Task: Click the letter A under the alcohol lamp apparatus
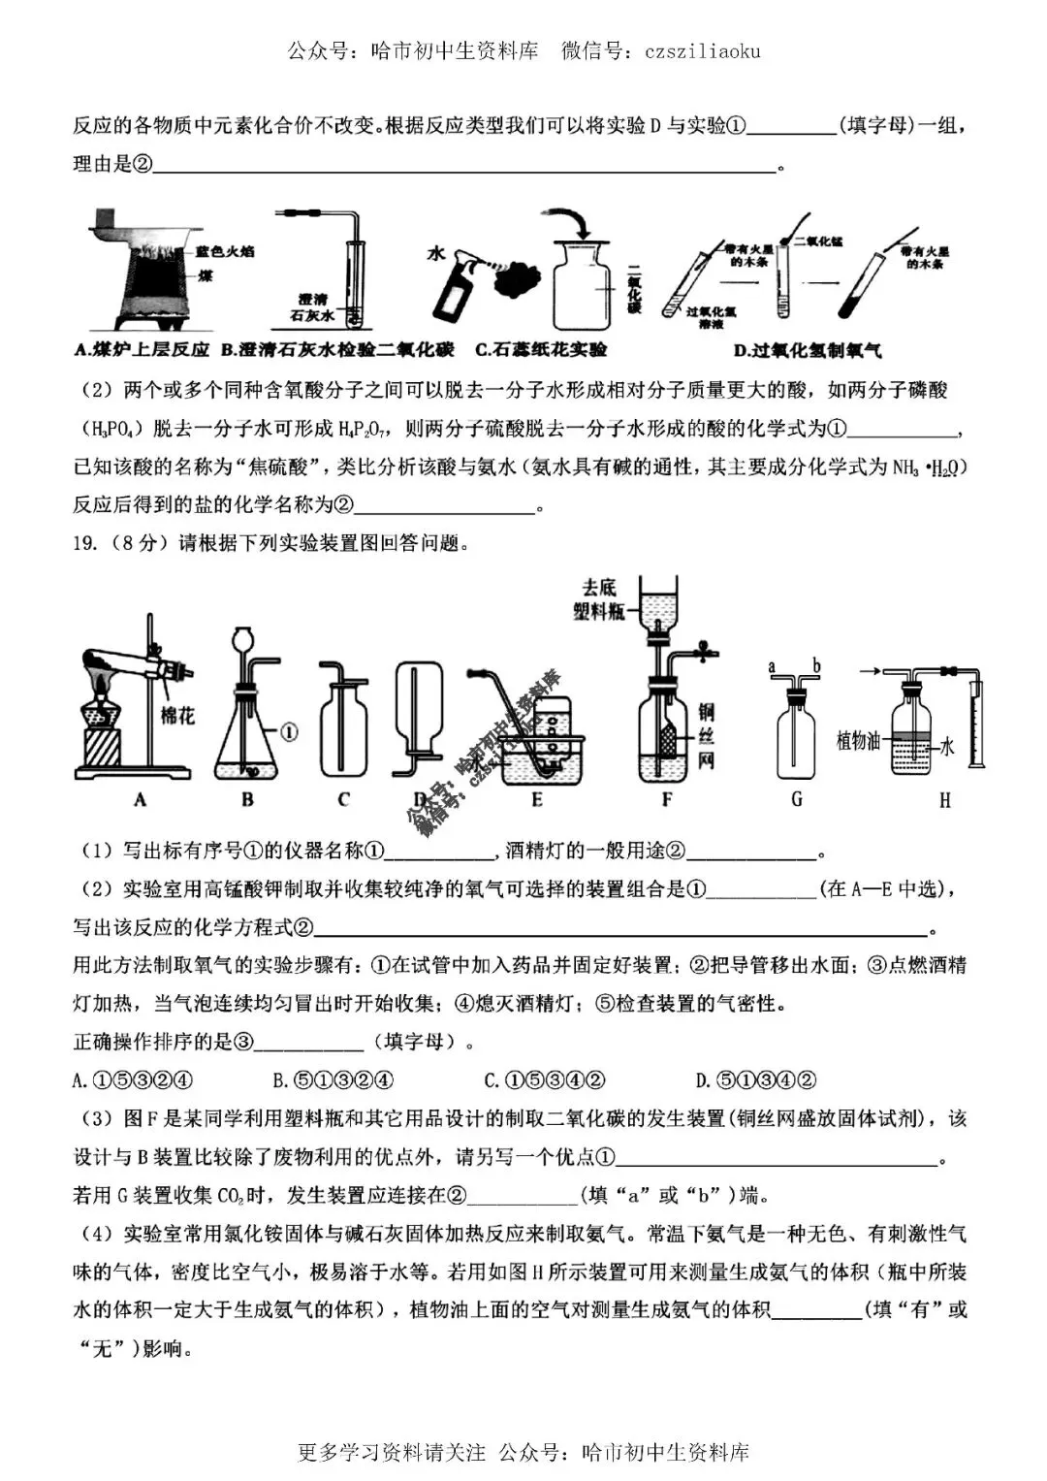(x=141, y=800)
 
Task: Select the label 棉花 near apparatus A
(x=177, y=716)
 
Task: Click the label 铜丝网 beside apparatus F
(x=706, y=737)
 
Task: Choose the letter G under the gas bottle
(x=797, y=800)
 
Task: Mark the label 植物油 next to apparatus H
(x=858, y=741)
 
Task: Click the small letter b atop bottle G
(x=816, y=666)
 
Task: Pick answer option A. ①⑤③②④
(x=134, y=1080)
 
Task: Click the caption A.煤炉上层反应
(x=142, y=350)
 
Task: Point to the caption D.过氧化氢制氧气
(x=808, y=350)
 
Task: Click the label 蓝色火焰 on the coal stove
(x=224, y=251)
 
